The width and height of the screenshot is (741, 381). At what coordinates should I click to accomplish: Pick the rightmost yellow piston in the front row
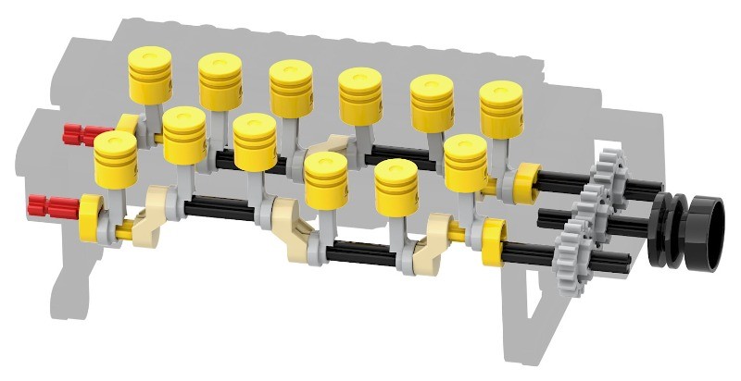465,161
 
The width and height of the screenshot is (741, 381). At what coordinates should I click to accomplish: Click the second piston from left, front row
183,135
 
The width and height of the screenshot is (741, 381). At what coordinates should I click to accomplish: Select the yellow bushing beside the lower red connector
93,214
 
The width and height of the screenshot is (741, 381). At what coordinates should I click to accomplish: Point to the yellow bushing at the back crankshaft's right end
526,180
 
